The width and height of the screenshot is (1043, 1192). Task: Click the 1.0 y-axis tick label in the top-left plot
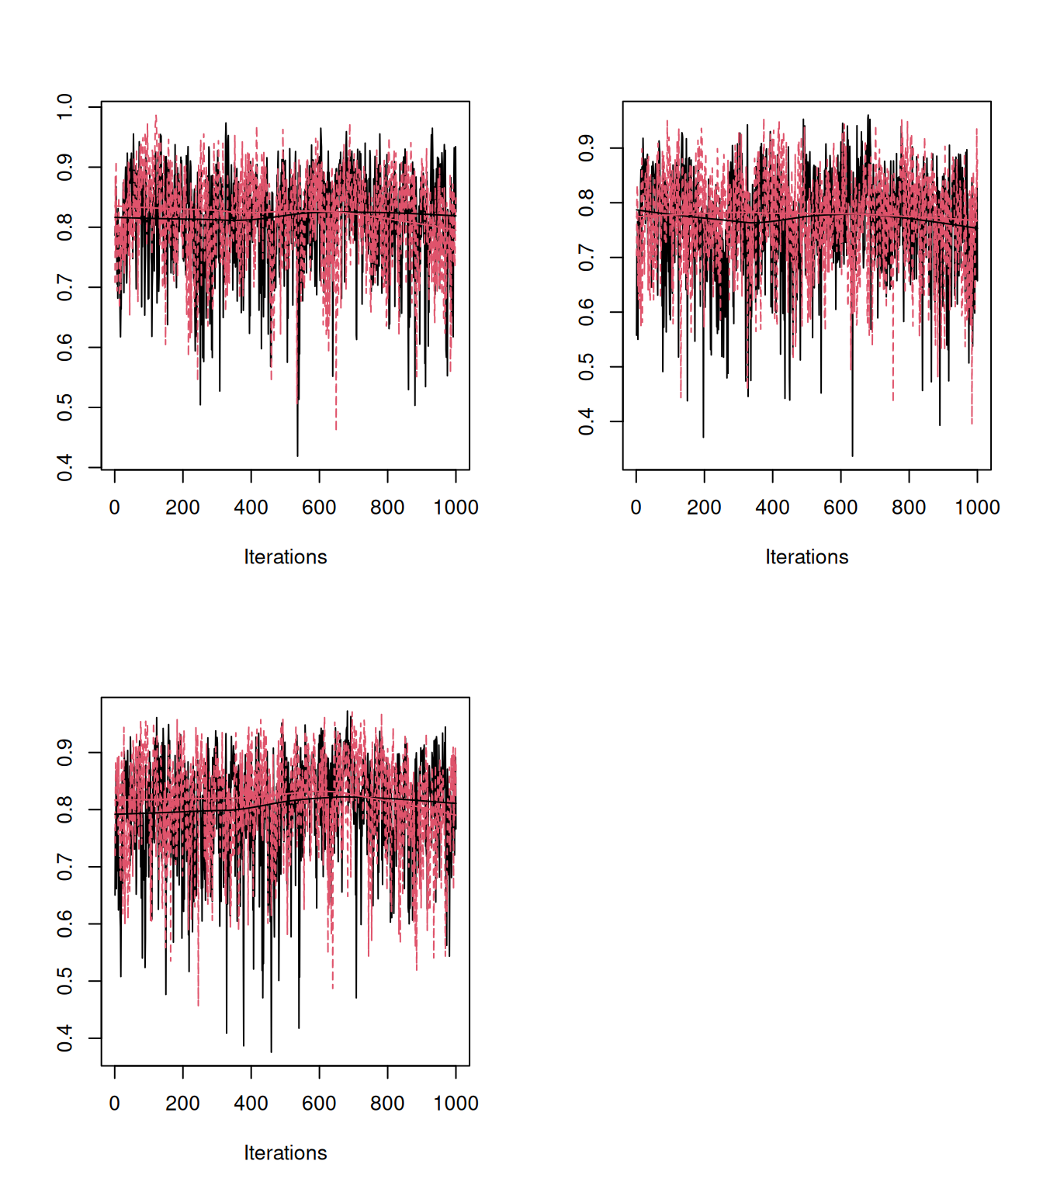65,106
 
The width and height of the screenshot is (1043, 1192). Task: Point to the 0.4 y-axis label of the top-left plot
65,468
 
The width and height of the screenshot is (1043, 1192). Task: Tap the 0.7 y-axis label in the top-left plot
65,287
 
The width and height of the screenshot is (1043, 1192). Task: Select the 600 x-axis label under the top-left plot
319,508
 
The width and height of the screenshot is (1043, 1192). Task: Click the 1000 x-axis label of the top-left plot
456,508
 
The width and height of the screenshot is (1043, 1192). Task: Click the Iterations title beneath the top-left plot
286,557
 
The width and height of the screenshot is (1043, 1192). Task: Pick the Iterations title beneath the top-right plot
807,557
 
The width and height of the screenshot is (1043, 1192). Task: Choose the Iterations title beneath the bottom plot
286,1153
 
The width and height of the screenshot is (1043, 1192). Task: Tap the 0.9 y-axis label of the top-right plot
587,148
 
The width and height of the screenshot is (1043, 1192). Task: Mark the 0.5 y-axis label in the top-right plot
587,367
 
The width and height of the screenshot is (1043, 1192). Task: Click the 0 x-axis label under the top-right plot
636,508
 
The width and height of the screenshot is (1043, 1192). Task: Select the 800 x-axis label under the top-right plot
909,508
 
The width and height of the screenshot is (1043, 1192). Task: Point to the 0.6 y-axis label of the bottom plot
65,923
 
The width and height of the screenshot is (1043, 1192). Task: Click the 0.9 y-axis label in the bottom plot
65,752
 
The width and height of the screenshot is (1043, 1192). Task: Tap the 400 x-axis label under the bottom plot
251,1104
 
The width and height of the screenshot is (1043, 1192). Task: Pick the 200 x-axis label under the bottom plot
182,1104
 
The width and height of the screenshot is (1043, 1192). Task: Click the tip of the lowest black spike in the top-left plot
297,456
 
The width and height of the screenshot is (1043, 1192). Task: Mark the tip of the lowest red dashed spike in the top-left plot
336,429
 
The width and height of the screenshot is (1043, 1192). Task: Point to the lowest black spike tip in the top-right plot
852,456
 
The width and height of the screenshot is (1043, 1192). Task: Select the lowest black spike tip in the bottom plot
271,1052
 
